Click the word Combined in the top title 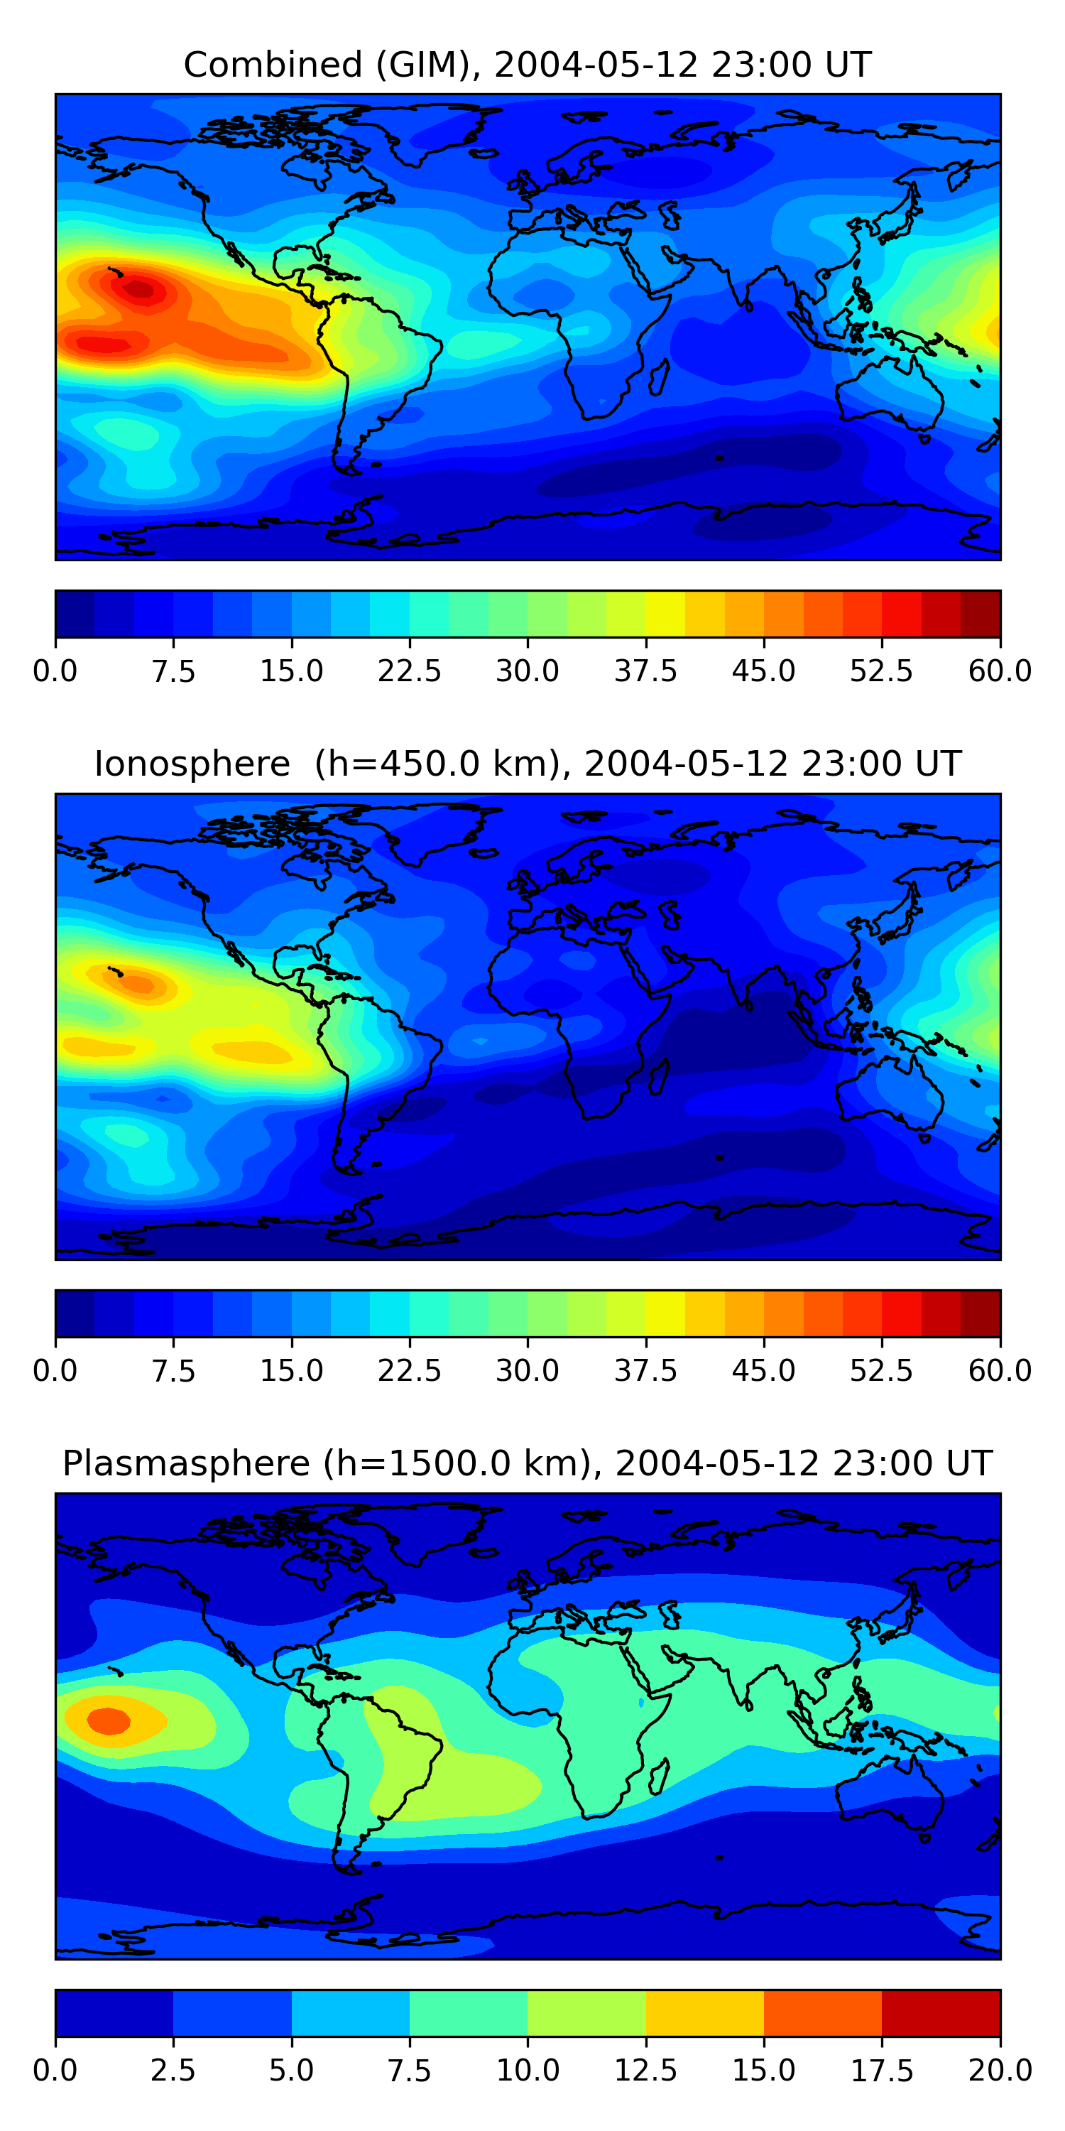[x=273, y=65]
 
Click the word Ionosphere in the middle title [x=192, y=764]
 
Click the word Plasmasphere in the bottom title [x=186, y=1463]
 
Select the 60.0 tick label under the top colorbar [x=1000, y=671]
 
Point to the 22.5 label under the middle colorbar [x=409, y=1371]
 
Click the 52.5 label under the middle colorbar [x=881, y=1371]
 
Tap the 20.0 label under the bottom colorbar [x=1000, y=2071]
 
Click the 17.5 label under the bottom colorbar [x=881, y=2071]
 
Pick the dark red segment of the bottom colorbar [x=941, y=2012]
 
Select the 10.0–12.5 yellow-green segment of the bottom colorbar [x=586, y=2012]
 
